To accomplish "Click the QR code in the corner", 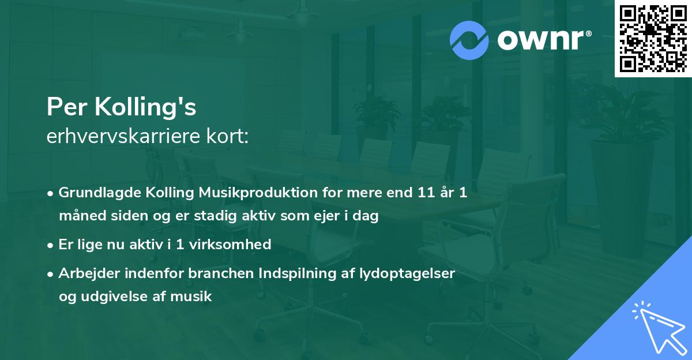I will coord(653,39).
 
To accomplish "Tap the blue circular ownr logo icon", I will coord(469,40).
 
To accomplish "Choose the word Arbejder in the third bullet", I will coord(86,273).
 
